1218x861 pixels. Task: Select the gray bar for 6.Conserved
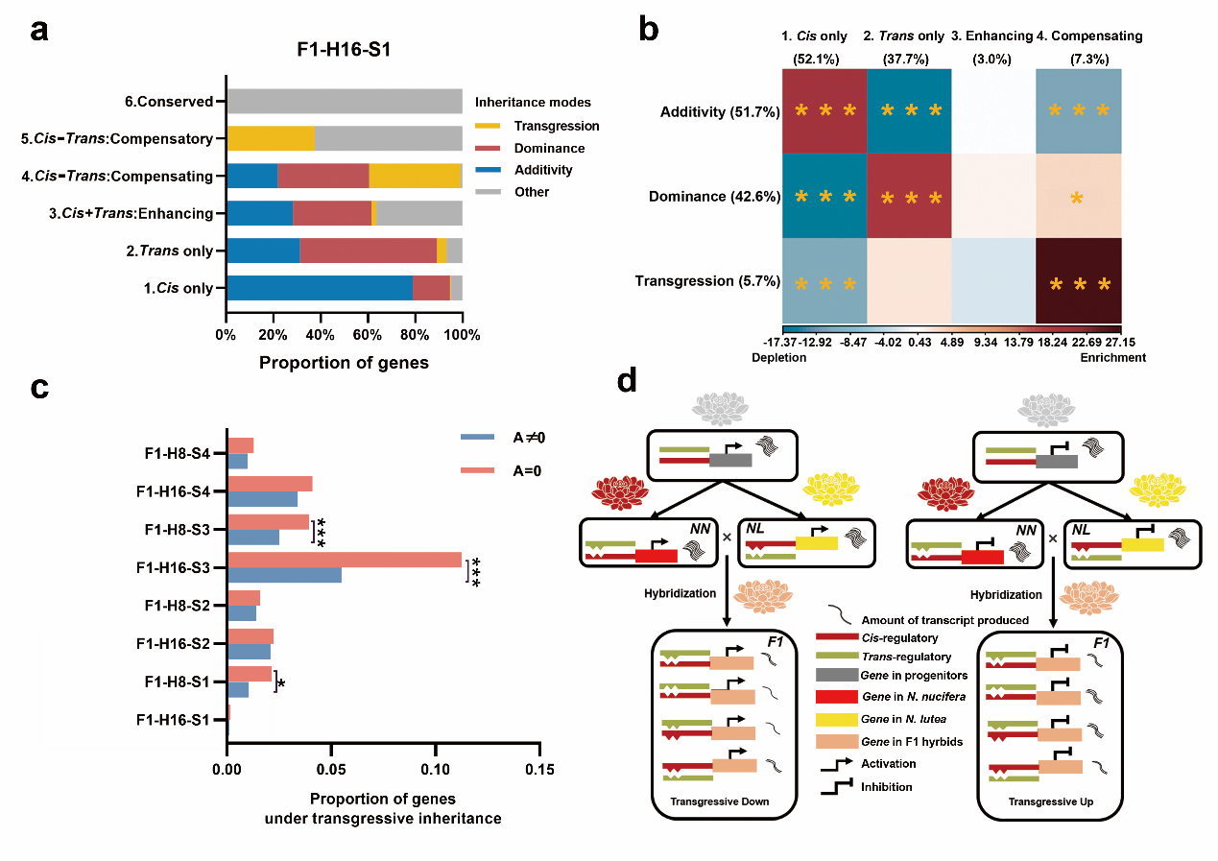coord(344,101)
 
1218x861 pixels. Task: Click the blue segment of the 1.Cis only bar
coord(319,288)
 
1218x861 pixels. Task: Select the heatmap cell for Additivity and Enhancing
coord(992,111)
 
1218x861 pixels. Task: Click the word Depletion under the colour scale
coord(782,357)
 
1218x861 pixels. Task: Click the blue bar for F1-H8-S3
coord(252,538)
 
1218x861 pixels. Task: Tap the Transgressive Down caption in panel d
coord(724,801)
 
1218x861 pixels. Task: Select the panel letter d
coord(628,382)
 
